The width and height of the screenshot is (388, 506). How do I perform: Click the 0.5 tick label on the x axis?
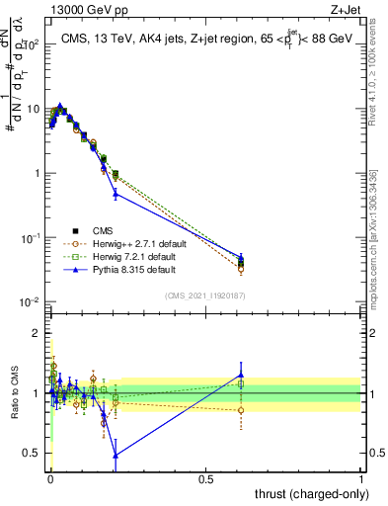point(205,478)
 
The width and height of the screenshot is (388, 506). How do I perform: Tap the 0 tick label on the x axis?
point(50,478)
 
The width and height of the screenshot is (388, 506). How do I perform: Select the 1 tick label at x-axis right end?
point(360,478)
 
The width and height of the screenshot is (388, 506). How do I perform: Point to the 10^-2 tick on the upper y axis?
point(33,302)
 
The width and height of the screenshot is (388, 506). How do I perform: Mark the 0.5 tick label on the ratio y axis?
point(35,454)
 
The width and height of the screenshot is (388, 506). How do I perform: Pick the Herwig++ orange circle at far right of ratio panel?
point(241,410)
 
